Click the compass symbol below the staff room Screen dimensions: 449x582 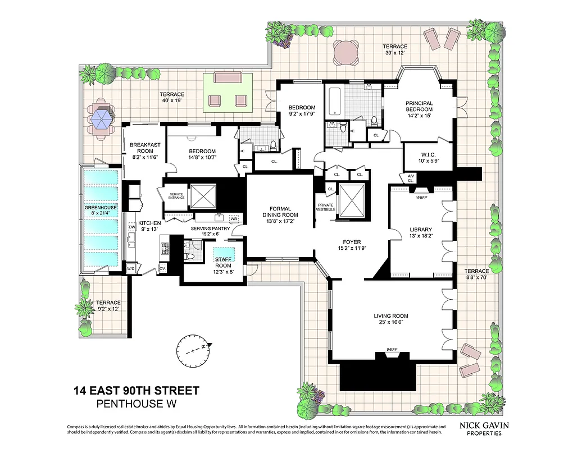(x=194, y=350)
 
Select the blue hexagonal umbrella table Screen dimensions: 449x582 (x=102, y=118)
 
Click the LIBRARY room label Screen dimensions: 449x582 (x=421, y=230)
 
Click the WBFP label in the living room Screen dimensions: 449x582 (x=392, y=350)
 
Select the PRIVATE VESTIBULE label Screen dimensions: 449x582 (x=326, y=207)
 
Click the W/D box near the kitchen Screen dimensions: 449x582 (x=131, y=268)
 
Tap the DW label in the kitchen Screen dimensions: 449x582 (x=132, y=227)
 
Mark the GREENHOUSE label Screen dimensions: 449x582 (x=101, y=207)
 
